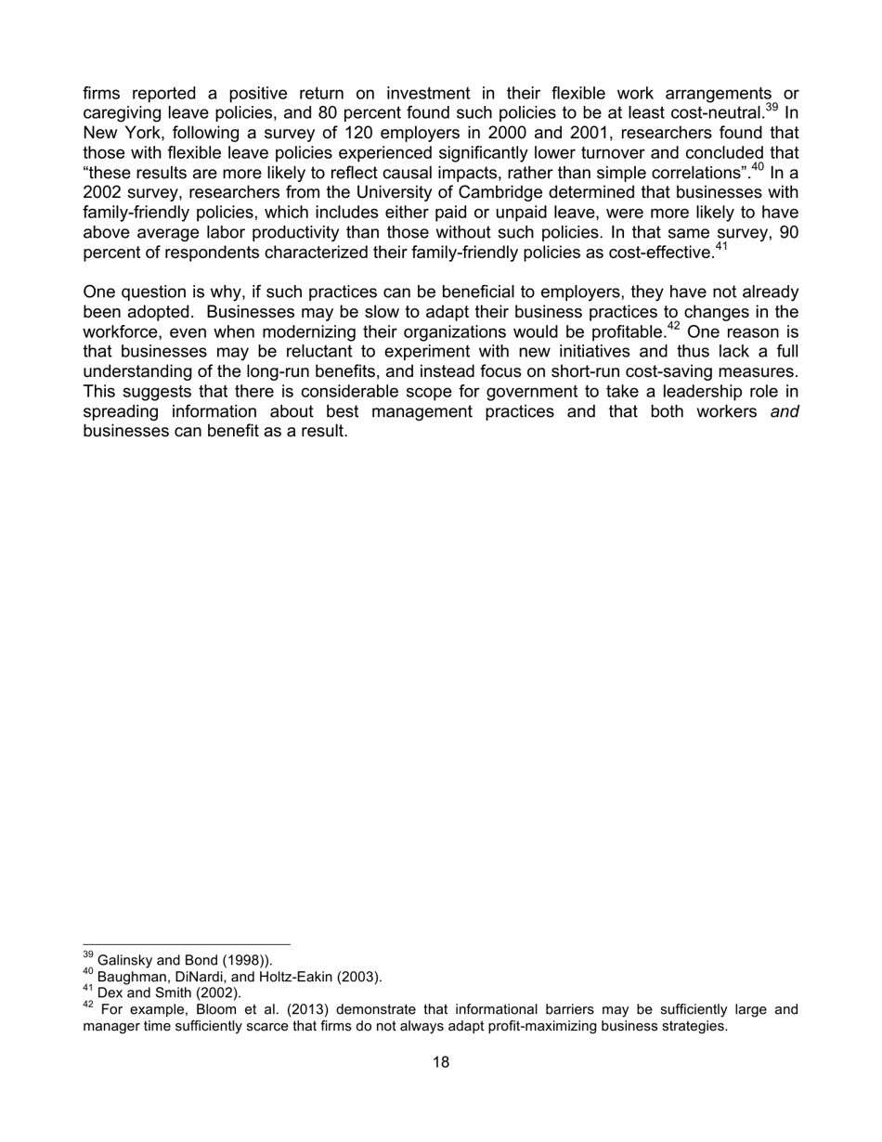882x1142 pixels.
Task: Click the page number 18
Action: (x=441, y=1062)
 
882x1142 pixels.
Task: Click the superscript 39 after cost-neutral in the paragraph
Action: (x=772, y=108)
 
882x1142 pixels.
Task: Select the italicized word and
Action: (x=785, y=411)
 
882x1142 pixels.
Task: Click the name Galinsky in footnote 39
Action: (x=123, y=960)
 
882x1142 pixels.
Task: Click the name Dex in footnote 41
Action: (x=110, y=993)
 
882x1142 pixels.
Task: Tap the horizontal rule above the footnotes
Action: (x=186, y=945)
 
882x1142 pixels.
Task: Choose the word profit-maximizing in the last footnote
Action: (x=467, y=1026)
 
